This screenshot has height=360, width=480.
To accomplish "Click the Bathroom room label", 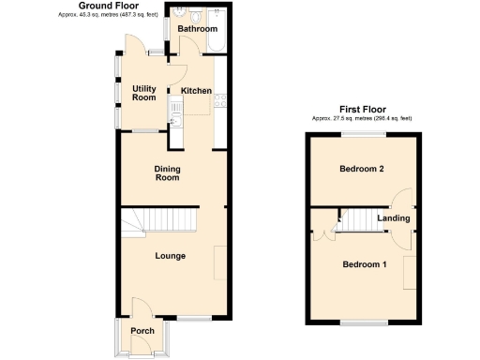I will (x=198, y=29).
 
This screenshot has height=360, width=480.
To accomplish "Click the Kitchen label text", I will (x=196, y=91).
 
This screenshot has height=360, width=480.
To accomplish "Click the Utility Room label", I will (x=143, y=92).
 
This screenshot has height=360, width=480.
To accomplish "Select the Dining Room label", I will (x=167, y=172).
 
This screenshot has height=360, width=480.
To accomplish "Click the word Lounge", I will (x=170, y=255).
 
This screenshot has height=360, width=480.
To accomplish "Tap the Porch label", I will (x=142, y=331).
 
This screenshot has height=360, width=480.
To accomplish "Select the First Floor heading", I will (x=361, y=109).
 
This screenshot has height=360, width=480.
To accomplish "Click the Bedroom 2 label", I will (x=363, y=169).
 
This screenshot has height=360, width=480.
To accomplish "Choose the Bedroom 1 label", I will (x=364, y=264).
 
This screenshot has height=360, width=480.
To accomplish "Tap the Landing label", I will (x=393, y=218).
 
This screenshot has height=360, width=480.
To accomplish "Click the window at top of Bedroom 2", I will (x=363, y=135).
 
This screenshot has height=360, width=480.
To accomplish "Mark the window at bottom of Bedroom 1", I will (x=364, y=322).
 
